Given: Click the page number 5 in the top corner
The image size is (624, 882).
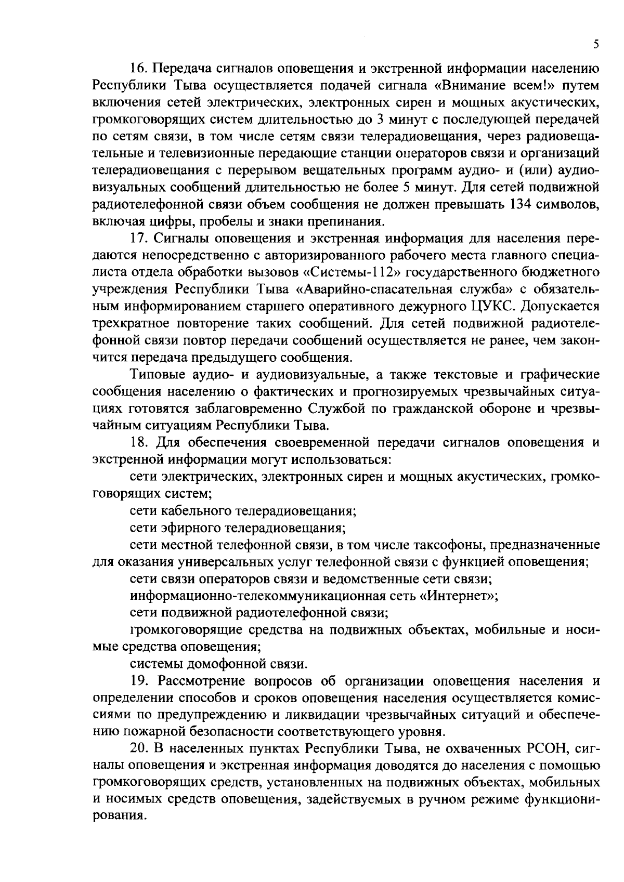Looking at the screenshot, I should pos(596,45).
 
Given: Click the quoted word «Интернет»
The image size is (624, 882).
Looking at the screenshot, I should pos(458,596).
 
